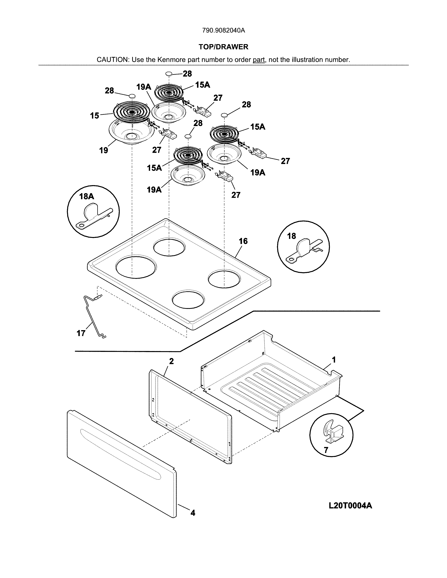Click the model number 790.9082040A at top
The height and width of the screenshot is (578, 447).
(223, 30)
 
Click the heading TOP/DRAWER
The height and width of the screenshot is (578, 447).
(223, 47)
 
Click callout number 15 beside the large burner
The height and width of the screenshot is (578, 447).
(94, 116)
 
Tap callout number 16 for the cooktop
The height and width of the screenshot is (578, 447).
(243, 241)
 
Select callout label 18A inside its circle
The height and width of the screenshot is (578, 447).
(87, 196)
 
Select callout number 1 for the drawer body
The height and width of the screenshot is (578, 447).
(334, 359)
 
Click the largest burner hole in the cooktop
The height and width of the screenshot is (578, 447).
(136, 267)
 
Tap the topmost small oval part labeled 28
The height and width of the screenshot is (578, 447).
(169, 74)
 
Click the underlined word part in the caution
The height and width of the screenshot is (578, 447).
(259, 60)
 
